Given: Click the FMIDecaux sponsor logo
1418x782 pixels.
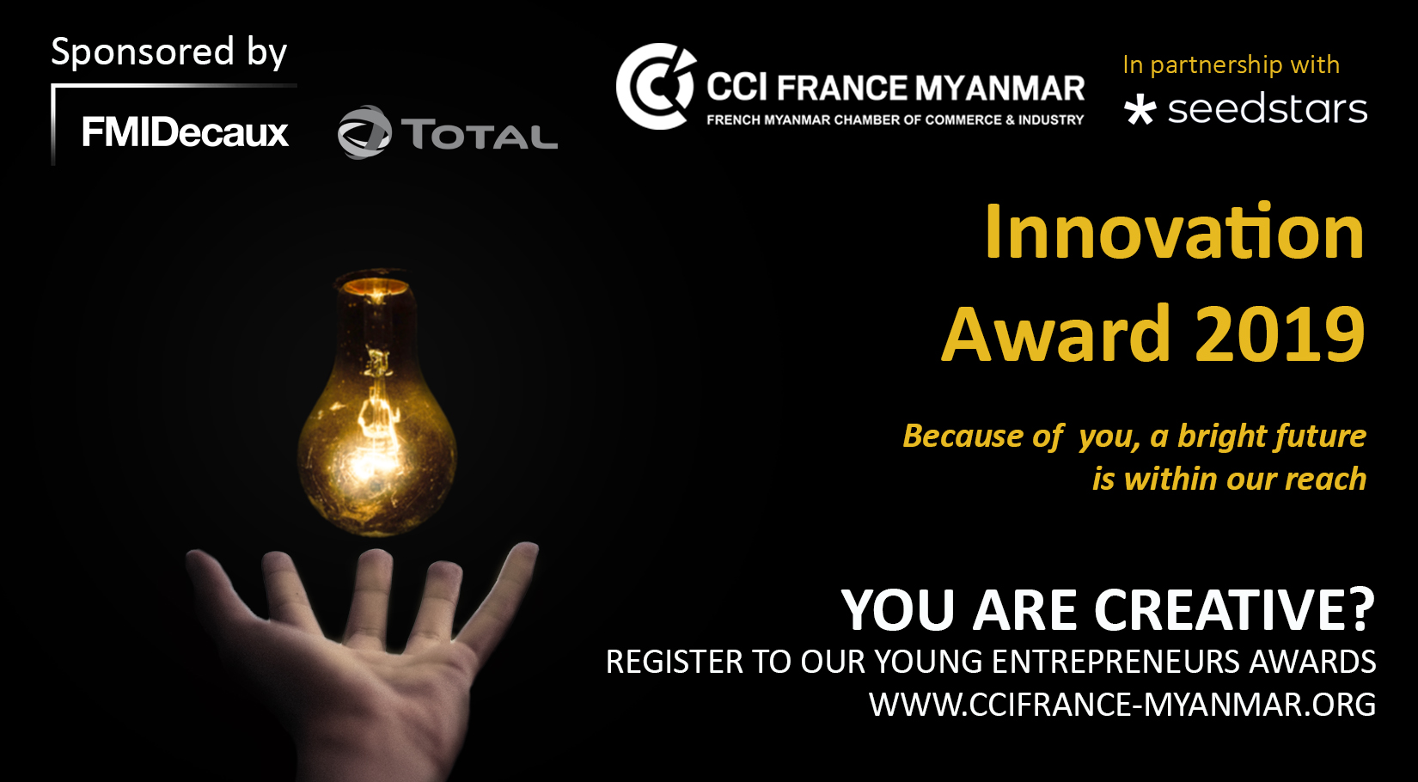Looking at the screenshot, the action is pos(185,132).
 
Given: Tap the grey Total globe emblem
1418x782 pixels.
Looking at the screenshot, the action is pos(364,132).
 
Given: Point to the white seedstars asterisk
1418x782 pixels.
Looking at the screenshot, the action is pos(1140,110).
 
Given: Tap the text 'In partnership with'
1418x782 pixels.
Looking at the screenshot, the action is pos(1232,64).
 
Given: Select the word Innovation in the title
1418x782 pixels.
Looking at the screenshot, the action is pos(1175,231).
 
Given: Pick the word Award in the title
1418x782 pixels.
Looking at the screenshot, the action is pos(1056,333).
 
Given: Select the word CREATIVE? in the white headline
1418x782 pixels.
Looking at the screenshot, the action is pos(1234,610).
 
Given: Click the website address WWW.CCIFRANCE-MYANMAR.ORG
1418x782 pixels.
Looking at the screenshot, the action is pos(1122,705).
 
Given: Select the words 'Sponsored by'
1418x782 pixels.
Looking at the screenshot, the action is pos(169,52).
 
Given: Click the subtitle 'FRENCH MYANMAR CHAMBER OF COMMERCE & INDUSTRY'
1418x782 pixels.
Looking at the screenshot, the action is pos(895,119).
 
